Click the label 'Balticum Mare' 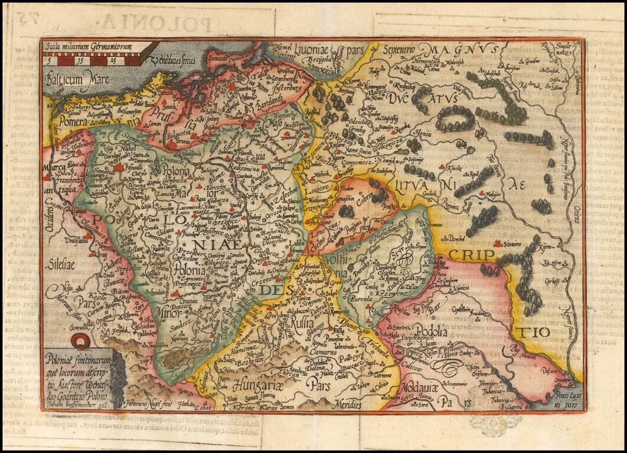click(x=75, y=75)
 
